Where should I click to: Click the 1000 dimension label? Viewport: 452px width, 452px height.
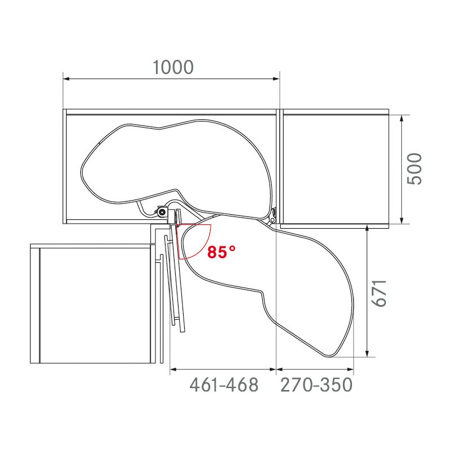(x=173, y=67)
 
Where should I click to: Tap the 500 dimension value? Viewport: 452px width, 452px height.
(x=414, y=168)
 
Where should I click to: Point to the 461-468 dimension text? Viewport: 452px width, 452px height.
(x=224, y=385)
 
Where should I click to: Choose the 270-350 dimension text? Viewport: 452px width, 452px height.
(x=316, y=385)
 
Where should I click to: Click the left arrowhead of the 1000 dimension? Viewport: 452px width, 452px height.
(x=66, y=79)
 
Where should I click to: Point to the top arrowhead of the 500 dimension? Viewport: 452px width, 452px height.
(x=401, y=118)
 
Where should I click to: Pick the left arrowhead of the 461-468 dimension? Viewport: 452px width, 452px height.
(x=173, y=370)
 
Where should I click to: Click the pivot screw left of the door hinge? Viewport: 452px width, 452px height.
(x=163, y=212)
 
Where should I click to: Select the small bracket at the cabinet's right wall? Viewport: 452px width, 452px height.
(x=274, y=215)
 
